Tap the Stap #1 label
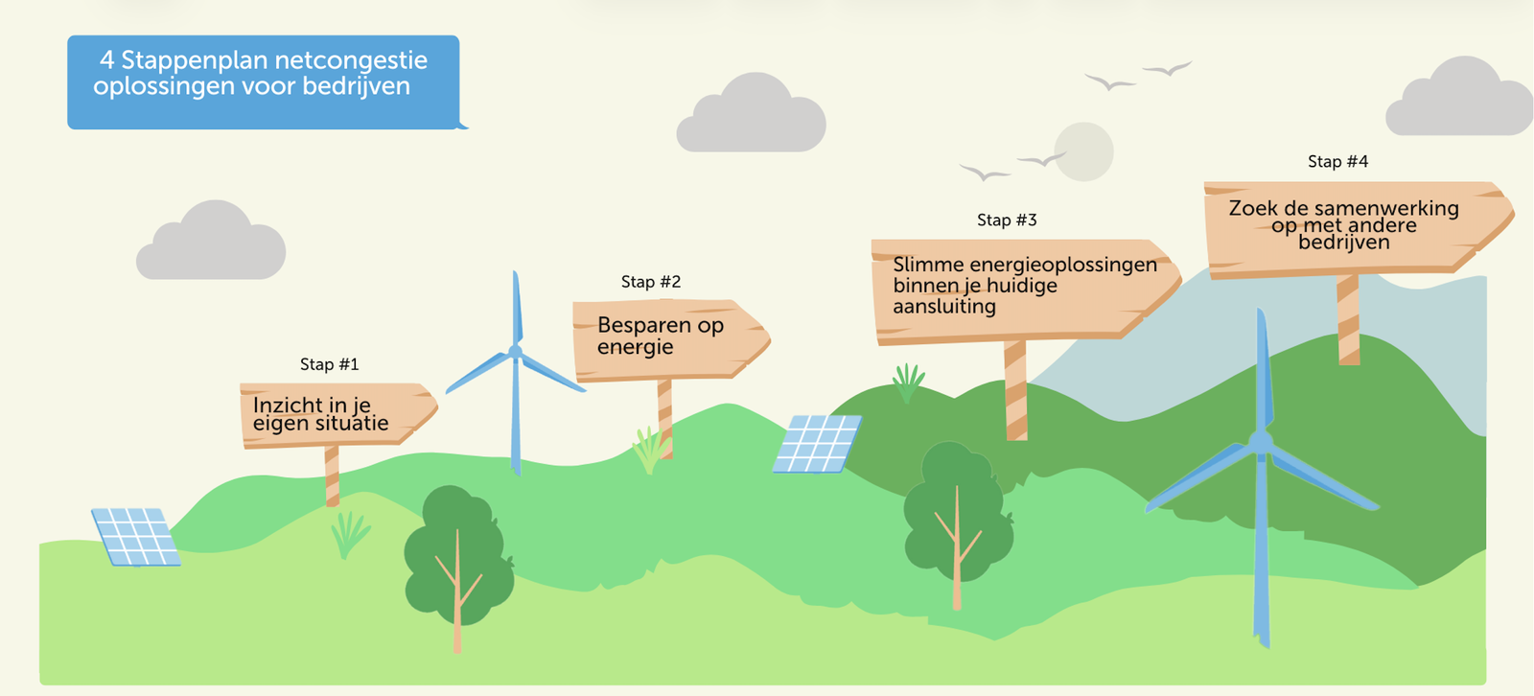point(329,364)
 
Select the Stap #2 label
point(650,282)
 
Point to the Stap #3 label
point(1007,220)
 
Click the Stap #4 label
point(1337,162)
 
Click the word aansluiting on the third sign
point(944,307)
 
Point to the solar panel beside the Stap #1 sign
point(135,537)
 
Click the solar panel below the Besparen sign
point(817,444)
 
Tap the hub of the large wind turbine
point(1261,442)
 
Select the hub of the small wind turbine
point(516,352)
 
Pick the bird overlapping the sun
point(1042,160)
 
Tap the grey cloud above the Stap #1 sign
point(212,244)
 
